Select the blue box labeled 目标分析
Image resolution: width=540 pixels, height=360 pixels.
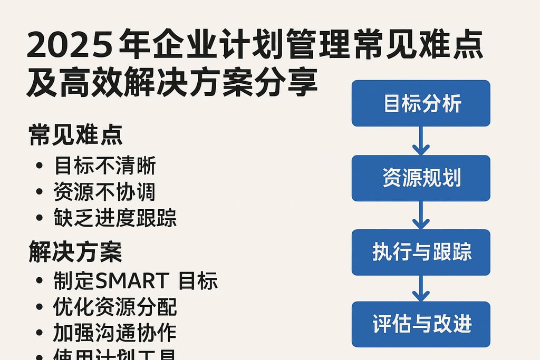coord(421,103)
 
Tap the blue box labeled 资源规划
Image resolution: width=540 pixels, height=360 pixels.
coord(421,178)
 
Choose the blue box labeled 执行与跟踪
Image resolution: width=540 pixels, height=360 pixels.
coord(421,252)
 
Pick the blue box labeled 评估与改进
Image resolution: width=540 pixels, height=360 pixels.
coord(421,324)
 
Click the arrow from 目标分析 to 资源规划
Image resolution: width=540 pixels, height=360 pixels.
coord(421,141)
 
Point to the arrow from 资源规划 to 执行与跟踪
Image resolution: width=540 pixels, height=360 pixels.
coord(421,216)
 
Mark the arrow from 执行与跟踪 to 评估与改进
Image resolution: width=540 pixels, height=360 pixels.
coord(421,288)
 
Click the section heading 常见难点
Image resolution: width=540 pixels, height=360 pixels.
coord(75,135)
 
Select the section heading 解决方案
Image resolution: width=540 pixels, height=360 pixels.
coord(75,252)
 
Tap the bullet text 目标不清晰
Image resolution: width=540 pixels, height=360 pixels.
coord(105,167)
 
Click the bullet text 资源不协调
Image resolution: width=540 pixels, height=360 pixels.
coord(105,192)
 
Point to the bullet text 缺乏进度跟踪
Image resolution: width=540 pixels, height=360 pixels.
coord(115,218)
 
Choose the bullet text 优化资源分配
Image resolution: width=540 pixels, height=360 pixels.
coord(115,307)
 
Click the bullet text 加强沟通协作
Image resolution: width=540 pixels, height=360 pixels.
coord(115,333)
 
